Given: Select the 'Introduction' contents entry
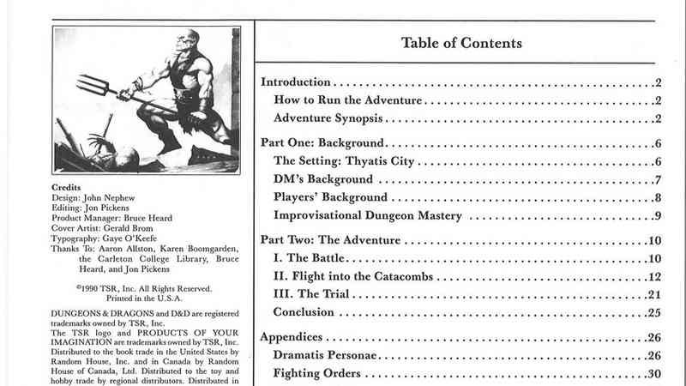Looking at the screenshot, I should pos(295,82).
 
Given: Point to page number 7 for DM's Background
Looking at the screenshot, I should pos(656,179).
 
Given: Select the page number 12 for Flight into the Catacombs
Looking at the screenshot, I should pos(653,276).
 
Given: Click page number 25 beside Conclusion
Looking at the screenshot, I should pos(653,311).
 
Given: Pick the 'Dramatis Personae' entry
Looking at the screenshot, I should pos(327,355).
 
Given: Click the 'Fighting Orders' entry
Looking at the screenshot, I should pos(316,373).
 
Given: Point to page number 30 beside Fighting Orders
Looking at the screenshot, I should pos(653,373).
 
